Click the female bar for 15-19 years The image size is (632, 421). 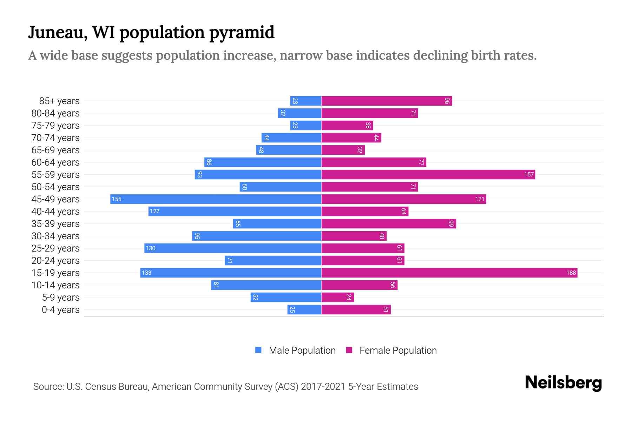coord(449,273)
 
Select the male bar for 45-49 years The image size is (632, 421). coord(216,199)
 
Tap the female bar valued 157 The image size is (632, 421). coord(428,174)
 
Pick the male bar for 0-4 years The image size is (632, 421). coord(304,309)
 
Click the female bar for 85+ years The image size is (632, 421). coord(386,101)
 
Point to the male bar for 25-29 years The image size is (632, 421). coord(233,248)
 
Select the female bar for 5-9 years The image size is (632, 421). coord(337,297)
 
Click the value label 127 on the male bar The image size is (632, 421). coord(154,211)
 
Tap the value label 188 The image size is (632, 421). coord(571,273)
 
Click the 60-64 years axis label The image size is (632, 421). coord(55,162)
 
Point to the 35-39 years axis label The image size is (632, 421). coord(55,224)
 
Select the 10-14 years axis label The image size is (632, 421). coord(55,285)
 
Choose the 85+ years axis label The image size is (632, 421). coord(59,101)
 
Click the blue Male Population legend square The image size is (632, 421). coord(258,350)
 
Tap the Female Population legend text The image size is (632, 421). coord(398,350)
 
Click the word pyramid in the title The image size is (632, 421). coord(242,32)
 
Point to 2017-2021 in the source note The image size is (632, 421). coord(323,387)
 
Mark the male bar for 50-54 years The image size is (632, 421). coord(281,187)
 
